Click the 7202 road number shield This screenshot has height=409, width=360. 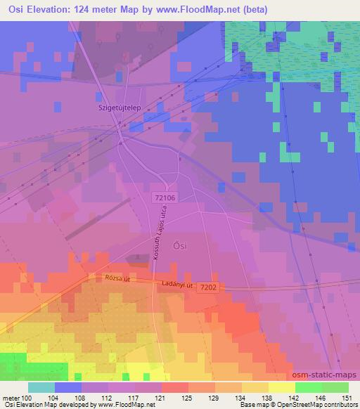pyautogui.click(x=209, y=287)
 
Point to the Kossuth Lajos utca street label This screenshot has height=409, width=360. pyautogui.click(x=156, y=239)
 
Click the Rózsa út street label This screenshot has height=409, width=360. pyautogui.click(x=117, y=279)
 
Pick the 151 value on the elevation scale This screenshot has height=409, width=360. pyautogui.click(x=347, y=397)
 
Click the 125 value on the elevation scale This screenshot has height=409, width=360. pyautogui.click(x=188, y=397)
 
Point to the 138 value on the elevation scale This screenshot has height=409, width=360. pyautogui.click(x=268, y=397)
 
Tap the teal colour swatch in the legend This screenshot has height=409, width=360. pyautogui.click(x=41, y=387)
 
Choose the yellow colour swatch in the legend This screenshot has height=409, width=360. pyautogui.click(x=281, y=387)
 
